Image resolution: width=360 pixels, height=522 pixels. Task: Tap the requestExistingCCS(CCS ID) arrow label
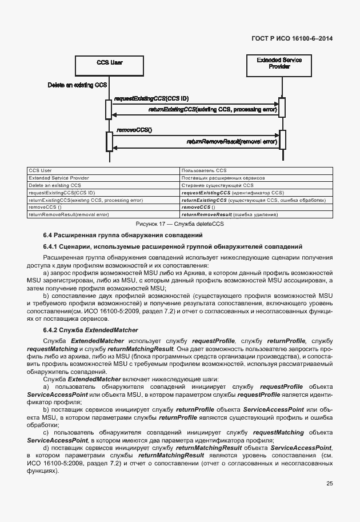click(x=151, y=99)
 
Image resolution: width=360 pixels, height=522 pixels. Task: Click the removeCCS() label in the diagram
click(x=134, y=130)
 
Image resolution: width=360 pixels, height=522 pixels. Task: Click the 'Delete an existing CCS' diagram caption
click(x=77, y=85)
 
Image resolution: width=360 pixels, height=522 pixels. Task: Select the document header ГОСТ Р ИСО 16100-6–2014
click(x=292, y=38)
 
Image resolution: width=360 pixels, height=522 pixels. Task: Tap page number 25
click(x=329, y=484)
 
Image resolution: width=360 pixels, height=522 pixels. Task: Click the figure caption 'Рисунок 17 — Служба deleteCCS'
click(x=179, y=224)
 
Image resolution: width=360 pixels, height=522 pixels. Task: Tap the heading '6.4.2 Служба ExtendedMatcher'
click(x=91, y=330)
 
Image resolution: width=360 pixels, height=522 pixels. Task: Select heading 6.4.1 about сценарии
click(x=173, y=246)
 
